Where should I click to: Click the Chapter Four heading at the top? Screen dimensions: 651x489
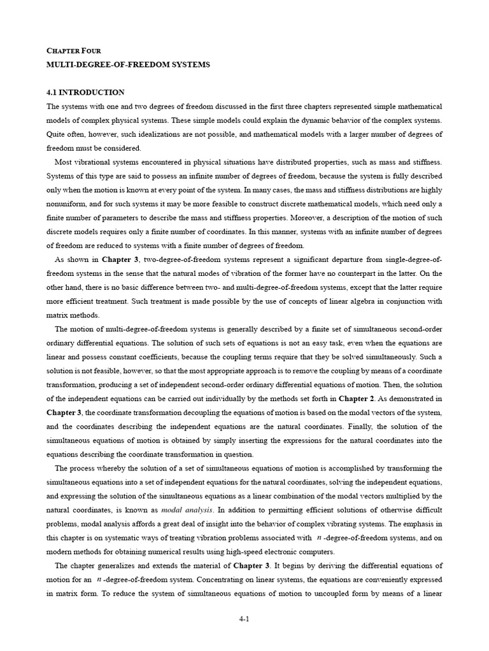74,50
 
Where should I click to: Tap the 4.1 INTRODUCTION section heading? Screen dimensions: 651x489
86,92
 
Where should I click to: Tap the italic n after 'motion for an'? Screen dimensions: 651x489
99,579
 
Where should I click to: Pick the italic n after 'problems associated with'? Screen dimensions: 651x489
318,537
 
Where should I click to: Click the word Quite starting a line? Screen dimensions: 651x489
58,134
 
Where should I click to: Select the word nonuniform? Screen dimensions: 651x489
68,203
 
